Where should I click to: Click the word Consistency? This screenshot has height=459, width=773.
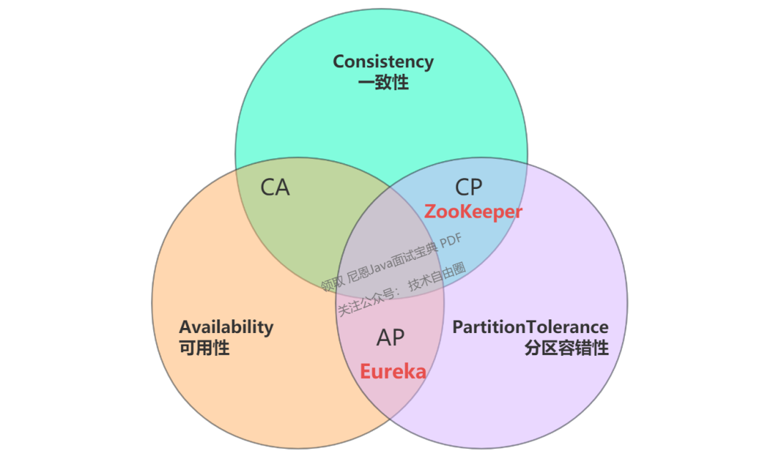383,62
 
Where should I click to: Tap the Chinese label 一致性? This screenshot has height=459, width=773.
383,82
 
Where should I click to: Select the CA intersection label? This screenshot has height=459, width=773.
275,188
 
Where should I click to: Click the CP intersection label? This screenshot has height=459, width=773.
470,188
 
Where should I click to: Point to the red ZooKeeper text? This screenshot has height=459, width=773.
473,212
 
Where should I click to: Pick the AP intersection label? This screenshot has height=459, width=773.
391,339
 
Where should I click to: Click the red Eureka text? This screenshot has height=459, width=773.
393,372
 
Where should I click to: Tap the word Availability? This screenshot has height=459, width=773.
226,327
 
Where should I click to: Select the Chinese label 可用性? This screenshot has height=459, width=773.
204,349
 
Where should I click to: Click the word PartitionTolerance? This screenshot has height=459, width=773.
530,327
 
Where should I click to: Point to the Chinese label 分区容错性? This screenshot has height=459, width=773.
566,349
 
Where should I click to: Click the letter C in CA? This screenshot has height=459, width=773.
268,188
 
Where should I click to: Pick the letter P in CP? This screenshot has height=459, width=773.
477,188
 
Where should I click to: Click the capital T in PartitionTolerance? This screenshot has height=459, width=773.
532,327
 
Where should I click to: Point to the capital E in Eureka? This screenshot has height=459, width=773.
365,372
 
